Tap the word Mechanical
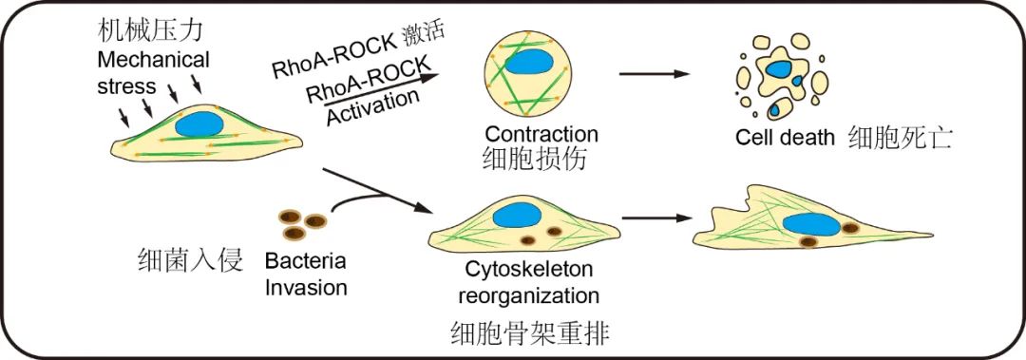153,60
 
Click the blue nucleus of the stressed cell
199,123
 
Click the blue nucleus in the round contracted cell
529,64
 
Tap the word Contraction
541,134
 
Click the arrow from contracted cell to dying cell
654,74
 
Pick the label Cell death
785,138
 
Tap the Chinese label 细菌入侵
191,260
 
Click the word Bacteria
305,262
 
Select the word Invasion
306,288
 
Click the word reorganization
529,295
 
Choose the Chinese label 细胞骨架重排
531,334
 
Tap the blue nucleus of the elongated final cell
811,224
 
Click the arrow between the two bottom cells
656,218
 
